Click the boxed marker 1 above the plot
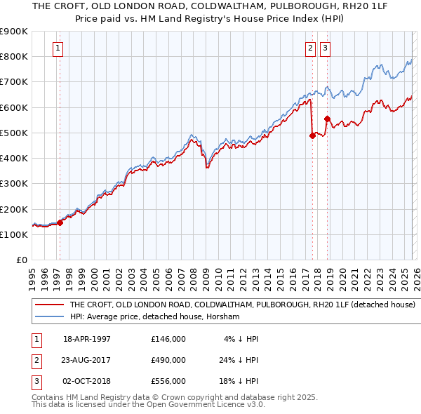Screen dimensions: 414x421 (58, 48)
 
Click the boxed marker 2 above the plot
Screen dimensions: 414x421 (310, 48)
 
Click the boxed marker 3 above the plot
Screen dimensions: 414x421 (326, 48)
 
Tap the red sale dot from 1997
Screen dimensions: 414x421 (60, 222)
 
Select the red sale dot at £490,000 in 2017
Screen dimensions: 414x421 (312, 136)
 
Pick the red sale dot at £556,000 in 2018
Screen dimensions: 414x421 (326, 119)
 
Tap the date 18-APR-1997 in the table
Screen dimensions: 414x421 (87, 339)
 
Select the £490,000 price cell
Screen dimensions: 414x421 (168, 360)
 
